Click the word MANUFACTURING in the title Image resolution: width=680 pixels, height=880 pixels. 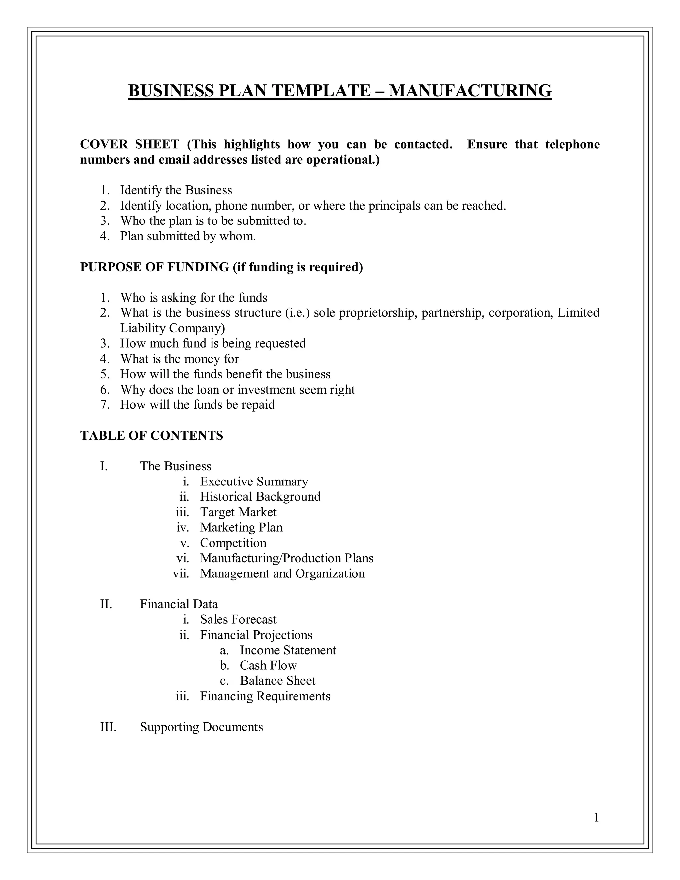470,91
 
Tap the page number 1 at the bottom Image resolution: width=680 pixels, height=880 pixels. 597,818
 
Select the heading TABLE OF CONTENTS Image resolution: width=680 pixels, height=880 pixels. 151,436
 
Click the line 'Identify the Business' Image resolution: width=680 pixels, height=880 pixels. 176,190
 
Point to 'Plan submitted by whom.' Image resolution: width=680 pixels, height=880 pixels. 188,236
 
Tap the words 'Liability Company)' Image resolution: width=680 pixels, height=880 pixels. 172,328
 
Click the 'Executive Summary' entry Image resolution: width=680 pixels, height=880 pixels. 254,482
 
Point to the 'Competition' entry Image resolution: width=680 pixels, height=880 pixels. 233,543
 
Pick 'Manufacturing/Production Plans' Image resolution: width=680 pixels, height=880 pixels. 287,558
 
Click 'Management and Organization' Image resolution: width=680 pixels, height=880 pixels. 282,573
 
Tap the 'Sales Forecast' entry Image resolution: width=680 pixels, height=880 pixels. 238,619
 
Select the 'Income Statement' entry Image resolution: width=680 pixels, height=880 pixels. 288,650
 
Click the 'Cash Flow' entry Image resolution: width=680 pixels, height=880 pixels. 268,665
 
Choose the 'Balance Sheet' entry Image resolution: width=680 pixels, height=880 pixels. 278,680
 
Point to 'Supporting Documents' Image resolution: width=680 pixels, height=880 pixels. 202,727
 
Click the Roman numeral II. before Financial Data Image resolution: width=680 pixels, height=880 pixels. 106,604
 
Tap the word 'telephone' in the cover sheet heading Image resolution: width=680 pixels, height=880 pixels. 572,144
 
